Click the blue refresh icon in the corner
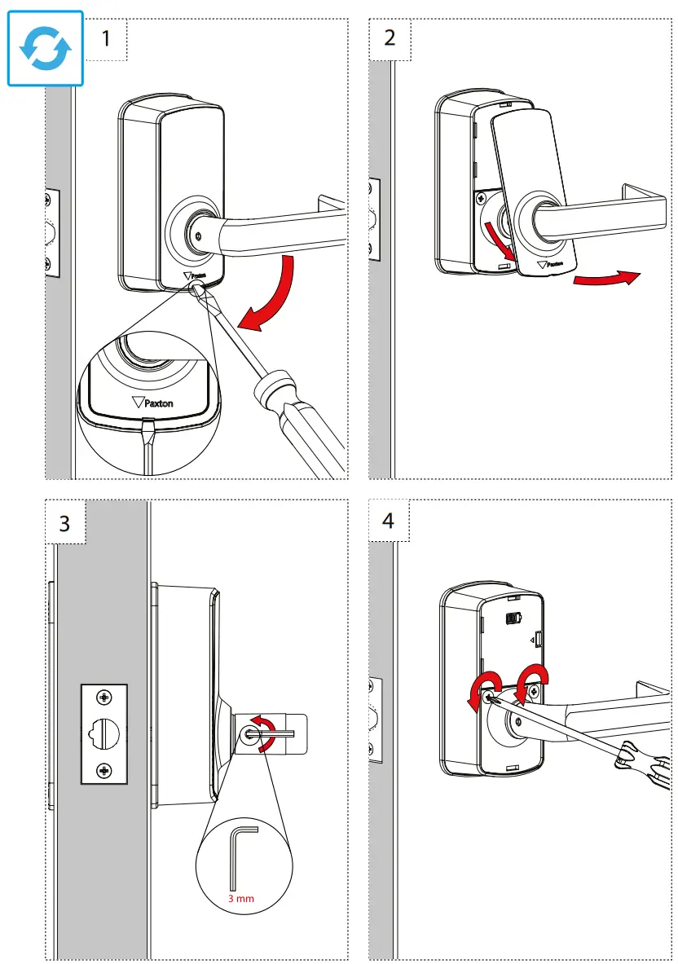[45, 47]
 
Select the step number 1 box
[106, 38]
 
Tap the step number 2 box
[390, 38]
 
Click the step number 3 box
[64, 522]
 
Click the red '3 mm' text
[241, 899]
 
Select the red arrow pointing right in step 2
[603, 280]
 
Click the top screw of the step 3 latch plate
[104, 698]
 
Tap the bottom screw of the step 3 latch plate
[104, 769]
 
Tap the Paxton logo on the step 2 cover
[551, 264]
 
